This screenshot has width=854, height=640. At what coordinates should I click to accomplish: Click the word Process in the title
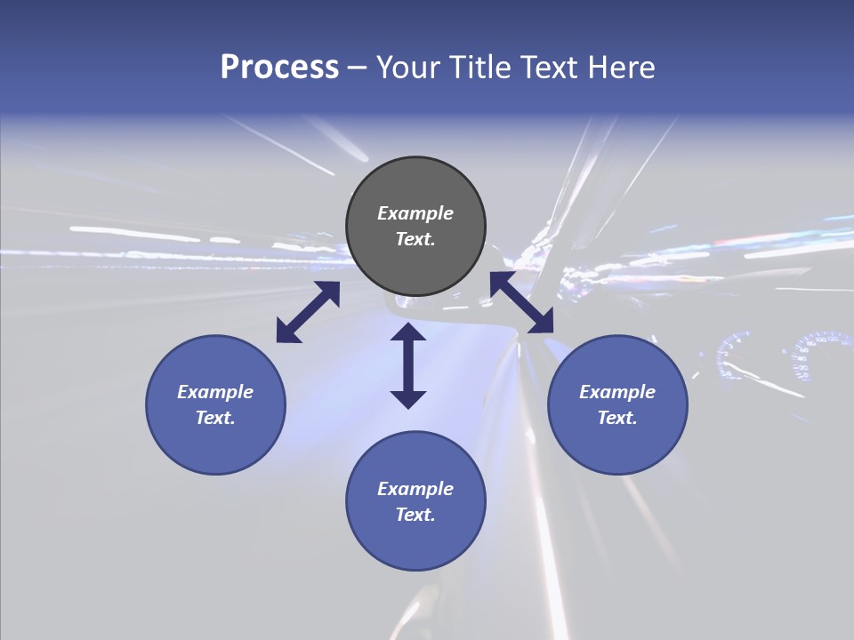pyautogui.click(x=279, y=68)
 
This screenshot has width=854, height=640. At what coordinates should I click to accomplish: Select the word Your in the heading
pyautogui.click(x=410, y=68)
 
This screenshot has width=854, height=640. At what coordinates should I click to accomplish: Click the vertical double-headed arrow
pyautogui.click(x=408, y=365)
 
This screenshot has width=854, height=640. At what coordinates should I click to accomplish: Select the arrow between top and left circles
pyautogui.click(x=308, y=312)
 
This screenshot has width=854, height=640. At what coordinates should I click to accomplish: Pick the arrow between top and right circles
pyautogui.click(x=521, y=303)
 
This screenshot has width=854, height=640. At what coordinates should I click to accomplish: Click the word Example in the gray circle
pyautogui.click(x=415, y=213)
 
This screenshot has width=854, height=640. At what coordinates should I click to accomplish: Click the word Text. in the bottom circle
pyautogui.click(x=415, y=515)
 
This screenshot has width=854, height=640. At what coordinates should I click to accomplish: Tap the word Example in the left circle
pyautogui.click(x=215, y=392)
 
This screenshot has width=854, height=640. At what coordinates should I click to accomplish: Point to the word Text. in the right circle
pyautogui.click(x=617, y=418)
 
